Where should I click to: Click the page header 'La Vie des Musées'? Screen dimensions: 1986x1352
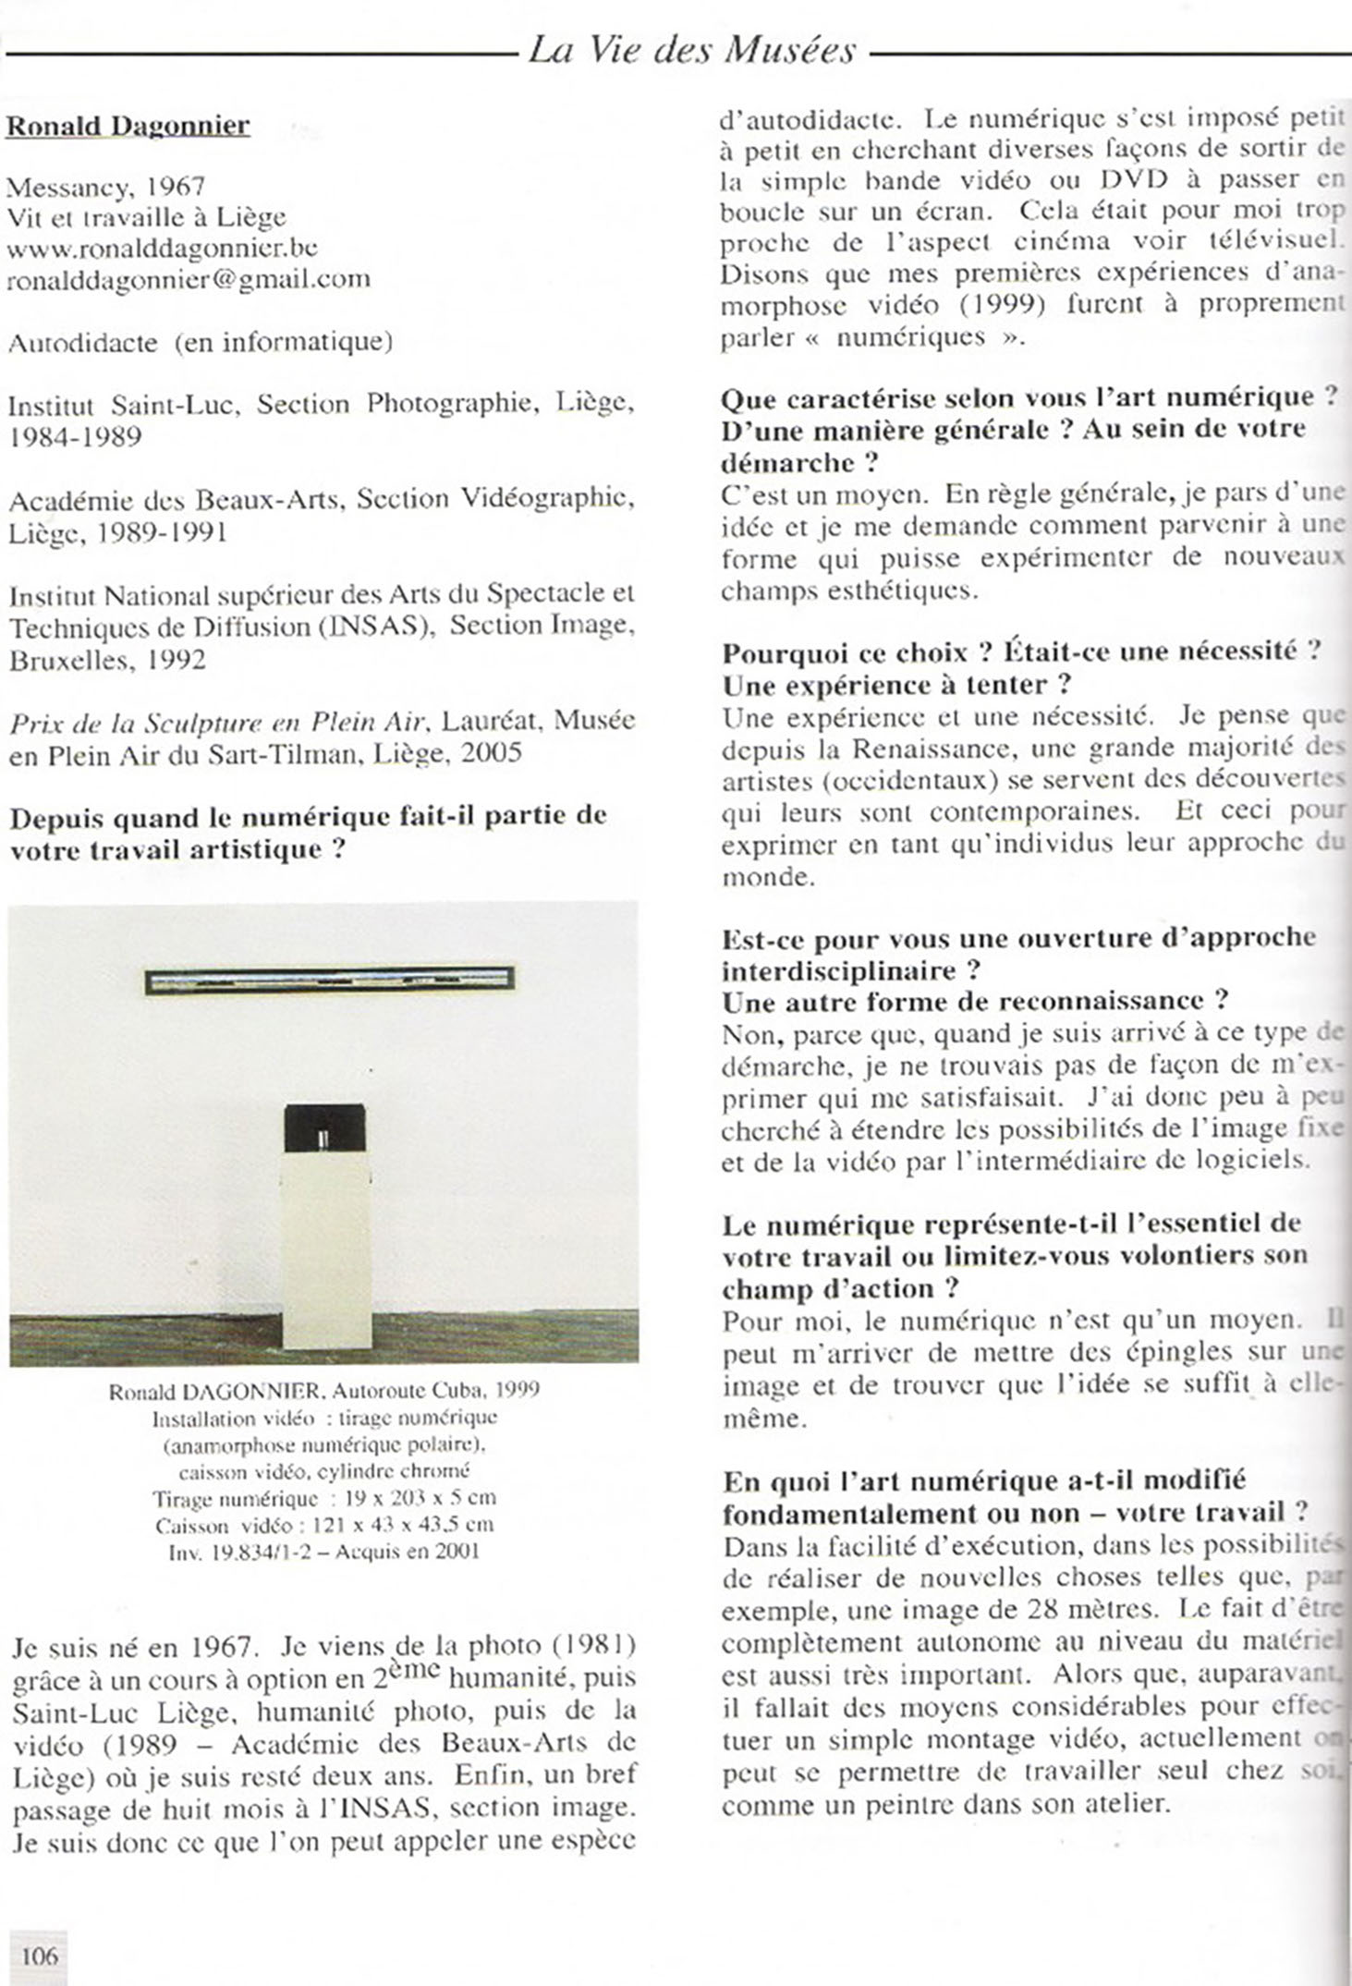[x=692, y=49]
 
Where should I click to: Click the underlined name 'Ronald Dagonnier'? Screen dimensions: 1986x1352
[x=128, y=126]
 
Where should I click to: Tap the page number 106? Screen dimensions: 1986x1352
[x=39, y=1956]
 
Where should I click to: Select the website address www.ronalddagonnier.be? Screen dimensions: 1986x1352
[x=163, y=248]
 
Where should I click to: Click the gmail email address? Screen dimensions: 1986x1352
[x=189, y=278]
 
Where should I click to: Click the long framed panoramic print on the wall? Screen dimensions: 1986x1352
[x=330, y=980]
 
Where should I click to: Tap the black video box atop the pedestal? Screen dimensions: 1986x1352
[x=323, y=1129]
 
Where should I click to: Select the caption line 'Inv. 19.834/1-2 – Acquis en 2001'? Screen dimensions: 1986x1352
[x=324, y=1552]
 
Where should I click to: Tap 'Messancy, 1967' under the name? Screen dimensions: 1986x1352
[x=105, y=187]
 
